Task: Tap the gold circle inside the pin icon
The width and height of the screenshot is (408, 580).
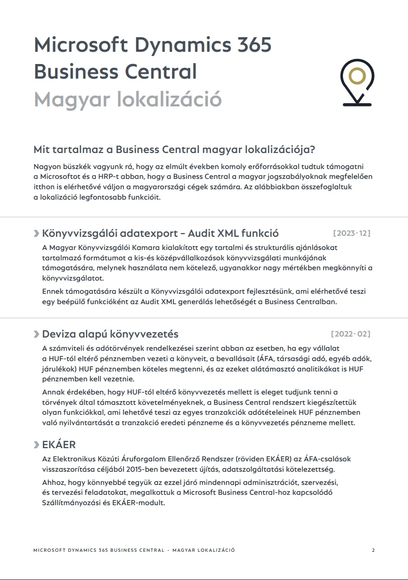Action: coord(357,76)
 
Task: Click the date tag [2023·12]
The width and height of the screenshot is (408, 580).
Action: coord(351,233)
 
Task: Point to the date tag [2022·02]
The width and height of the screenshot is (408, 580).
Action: coord(351,334)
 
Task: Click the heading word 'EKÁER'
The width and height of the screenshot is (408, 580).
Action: coord(59,445)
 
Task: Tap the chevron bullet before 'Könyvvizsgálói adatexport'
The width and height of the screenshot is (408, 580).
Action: coord(37,234)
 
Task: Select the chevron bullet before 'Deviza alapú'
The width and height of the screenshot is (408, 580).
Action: coord(37,335)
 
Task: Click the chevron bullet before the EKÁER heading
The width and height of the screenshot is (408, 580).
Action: coord(37,445)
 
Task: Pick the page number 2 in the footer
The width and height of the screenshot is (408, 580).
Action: coord(373,550)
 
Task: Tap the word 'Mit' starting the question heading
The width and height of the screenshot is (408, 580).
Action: coord(41,150)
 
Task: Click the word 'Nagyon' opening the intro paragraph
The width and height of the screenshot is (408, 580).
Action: coord(48,167)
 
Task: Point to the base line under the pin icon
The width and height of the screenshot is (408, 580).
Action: coord(357,104)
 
